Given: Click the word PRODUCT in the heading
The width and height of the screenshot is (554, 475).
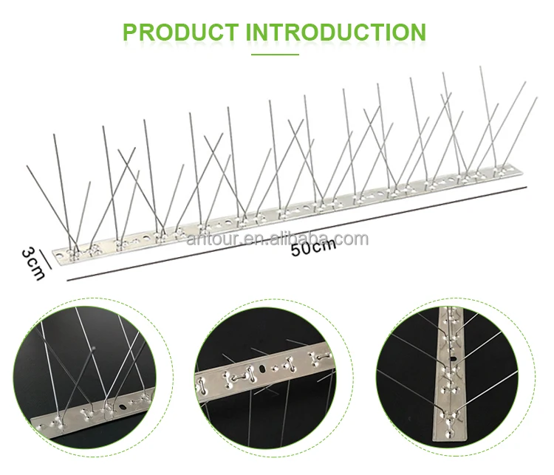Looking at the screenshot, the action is click(180, 33).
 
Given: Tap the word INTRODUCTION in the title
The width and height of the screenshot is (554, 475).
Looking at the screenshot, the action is click(335, 33).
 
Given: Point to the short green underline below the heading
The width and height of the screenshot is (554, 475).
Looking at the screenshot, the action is click(275, 55).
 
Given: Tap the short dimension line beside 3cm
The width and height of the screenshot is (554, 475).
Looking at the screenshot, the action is click(46, 259).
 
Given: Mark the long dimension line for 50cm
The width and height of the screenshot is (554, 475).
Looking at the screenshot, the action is click(297, 234).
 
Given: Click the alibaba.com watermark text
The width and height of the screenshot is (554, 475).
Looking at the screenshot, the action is click(278, 239).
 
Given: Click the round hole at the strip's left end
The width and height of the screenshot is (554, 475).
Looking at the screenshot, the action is click(60, 254).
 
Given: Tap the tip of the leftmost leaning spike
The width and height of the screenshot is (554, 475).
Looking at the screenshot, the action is click(27, 165).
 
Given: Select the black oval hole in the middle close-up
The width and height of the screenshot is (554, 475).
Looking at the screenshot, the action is click(262, 369).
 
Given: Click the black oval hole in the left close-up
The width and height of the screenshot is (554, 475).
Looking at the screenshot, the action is click(123, 407).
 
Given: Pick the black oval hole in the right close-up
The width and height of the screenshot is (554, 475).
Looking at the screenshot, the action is click(453, 359).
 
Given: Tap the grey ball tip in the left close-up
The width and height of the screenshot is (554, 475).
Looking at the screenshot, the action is click(94, 349).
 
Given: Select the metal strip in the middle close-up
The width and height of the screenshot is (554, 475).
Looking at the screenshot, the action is click(263, 370).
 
